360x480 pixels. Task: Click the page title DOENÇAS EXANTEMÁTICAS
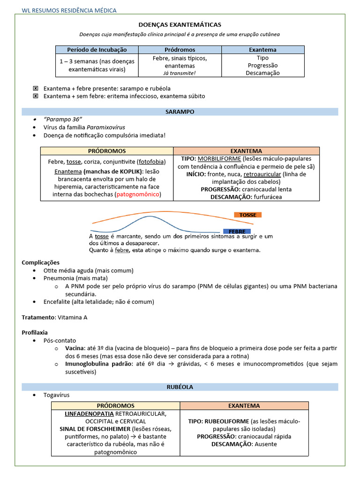click(180, 24)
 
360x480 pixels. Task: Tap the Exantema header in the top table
click(262, 50)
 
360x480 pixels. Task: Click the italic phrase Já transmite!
click(180, 73)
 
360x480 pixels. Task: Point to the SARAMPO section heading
click(180, 112)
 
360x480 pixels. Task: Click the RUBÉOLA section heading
click(180, 387)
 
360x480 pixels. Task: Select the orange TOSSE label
click(248, 215)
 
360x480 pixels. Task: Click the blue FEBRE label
click(237, 232)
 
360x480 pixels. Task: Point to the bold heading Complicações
click(41, 262)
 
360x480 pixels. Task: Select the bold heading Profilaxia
click(35, 332)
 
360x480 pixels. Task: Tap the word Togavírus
click(56, 395)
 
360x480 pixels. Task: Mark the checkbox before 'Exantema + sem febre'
click(35, 96)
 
